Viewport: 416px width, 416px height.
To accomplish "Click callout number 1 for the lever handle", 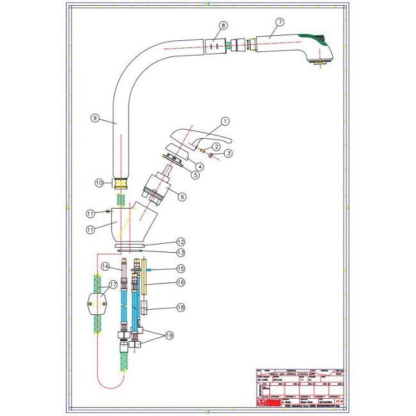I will [x=225, y=120].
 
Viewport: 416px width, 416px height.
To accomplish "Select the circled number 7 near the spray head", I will [x=279, y=22].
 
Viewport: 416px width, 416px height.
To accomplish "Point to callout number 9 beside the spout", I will [x=94, y=118].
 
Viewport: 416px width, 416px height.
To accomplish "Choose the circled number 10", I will [x=99, y=183].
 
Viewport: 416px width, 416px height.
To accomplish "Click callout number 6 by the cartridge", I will [x=182, y=197].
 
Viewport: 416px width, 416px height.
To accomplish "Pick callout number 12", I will [x=181, y=242].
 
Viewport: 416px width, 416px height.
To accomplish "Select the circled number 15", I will [x=181, y=269].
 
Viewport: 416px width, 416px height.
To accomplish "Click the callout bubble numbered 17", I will [x=113, y=284].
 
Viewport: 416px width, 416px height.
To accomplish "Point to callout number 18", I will [x=181, y=308].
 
